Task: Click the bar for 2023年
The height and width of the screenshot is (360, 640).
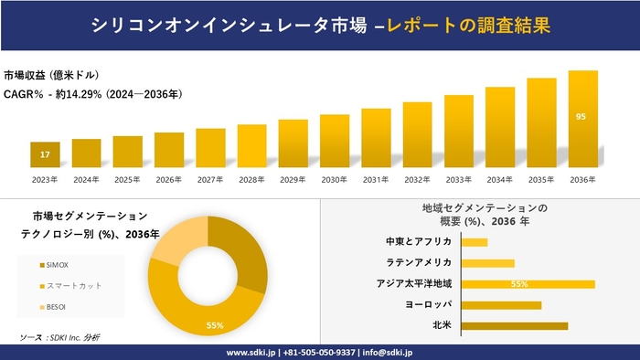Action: (45, 154)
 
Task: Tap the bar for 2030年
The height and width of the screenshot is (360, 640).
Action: (335, 141)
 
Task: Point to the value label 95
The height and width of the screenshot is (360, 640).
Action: (581, 117)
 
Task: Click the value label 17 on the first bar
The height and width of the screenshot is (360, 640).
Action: (45, 154)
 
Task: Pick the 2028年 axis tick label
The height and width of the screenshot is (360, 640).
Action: (251, 179)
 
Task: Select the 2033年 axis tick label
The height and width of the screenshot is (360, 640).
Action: (458, 179)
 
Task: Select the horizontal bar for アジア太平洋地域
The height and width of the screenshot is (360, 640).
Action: (528, 284)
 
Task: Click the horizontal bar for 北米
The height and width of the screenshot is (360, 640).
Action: (514, 325)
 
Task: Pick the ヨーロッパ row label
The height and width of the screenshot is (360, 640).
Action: (428, 304)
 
